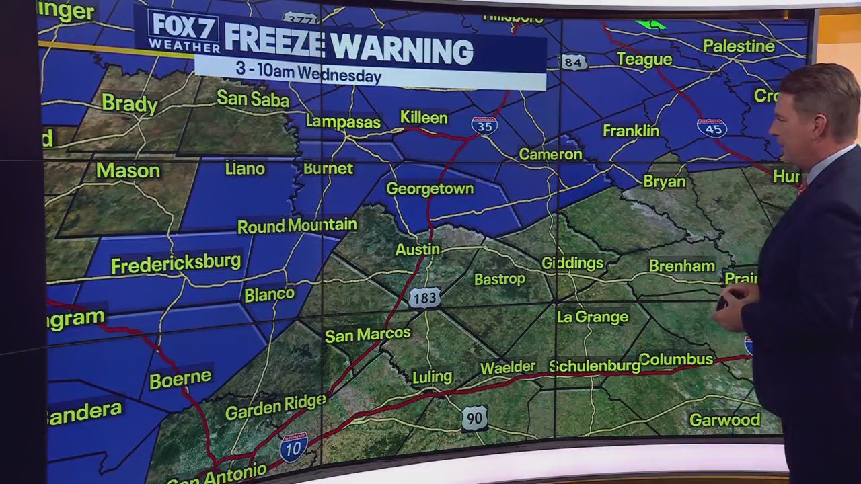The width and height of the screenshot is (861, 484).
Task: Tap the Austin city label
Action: coord(417,249)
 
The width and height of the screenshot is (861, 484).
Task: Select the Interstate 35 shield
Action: coord(484,125)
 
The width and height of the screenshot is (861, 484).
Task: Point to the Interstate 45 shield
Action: coord(712,127)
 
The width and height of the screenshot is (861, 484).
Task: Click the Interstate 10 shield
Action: coord(294,447)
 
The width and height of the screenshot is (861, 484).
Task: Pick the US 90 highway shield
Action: coord(474,417)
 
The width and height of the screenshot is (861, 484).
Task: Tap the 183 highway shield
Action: coord(424,297)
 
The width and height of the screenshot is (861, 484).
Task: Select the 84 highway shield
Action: coord(572,63)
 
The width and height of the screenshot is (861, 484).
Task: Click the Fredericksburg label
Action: coord(176,263)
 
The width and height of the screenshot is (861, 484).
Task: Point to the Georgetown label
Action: coord(430,189)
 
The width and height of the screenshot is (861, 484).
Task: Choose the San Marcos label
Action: coord(367,334)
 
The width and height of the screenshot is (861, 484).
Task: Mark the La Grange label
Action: coord(593,317)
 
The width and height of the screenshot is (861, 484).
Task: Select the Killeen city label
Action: coord(424,118)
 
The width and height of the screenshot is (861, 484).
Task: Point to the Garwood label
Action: coord(724,420)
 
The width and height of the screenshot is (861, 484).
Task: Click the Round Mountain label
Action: coord(297,226)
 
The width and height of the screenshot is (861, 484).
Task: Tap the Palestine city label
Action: coord(739,46)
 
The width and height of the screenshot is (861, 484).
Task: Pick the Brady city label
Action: coord(130,104)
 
